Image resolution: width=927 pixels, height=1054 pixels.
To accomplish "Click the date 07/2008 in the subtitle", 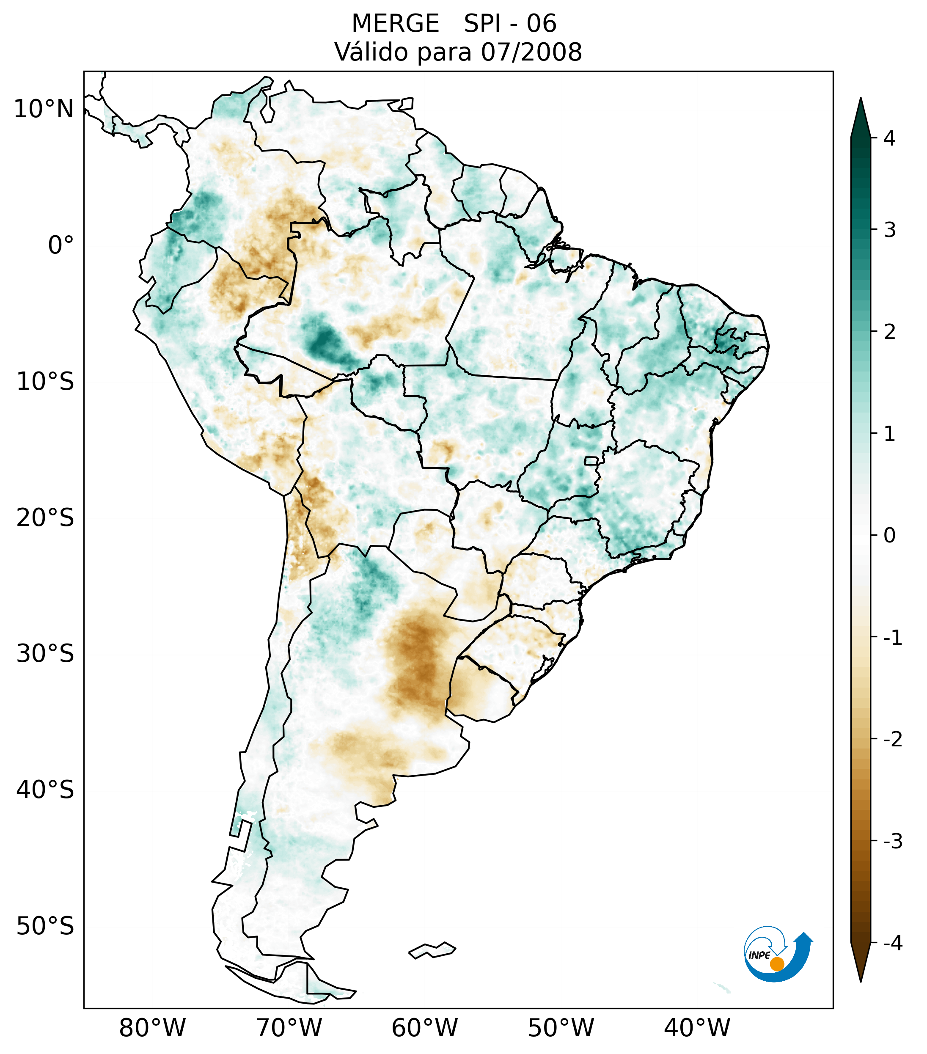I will tap(531, 52).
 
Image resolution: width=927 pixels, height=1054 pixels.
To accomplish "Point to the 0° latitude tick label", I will tap(61, 245).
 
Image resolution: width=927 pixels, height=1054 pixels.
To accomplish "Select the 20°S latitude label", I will tap(45, 518).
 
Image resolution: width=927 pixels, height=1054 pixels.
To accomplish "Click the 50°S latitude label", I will tap(45, 927).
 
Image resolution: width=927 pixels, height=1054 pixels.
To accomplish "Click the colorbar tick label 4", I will tap(889, 138).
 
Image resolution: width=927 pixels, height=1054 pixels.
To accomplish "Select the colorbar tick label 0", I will tap(889, 535).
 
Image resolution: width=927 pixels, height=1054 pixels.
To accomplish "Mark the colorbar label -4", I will tap(892, 944).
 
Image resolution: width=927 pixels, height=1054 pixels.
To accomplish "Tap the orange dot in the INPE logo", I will tap(776, 964).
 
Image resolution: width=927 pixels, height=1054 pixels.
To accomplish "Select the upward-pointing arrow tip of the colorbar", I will tap(861, 111).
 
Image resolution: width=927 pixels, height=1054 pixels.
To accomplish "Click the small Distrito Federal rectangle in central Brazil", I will tap(591, 460).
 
